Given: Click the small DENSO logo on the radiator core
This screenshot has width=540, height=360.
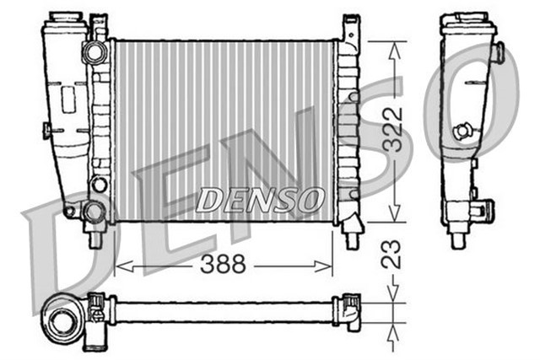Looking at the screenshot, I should (x=261, y=200).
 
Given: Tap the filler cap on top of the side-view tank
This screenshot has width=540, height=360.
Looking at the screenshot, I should (x=467, y=19).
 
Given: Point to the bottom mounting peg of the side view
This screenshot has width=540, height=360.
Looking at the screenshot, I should (x=458, y=239).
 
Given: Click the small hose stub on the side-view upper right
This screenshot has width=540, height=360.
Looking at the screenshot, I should (x=499, y=54).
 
